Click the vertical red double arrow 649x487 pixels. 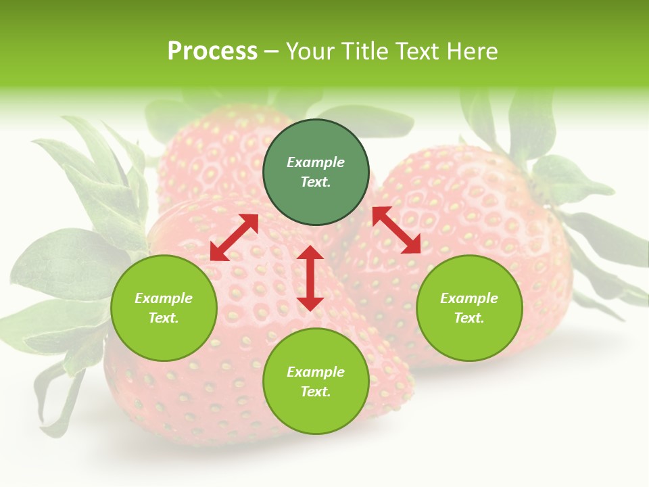coord(310,278)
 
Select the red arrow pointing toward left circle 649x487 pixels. coord(234,237)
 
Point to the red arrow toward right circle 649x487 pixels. coord(396,230)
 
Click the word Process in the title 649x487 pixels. coord(212,51)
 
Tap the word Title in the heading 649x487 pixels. coord(364,51)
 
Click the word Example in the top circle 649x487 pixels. coord(316,162)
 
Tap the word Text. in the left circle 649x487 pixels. coord(164,318)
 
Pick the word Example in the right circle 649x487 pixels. coord(469,298)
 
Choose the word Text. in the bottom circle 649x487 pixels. coord(316,392)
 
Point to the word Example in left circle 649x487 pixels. coord(164,298)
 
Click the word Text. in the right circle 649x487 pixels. coord(469,318)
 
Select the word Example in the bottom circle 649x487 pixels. coord(316,372)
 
